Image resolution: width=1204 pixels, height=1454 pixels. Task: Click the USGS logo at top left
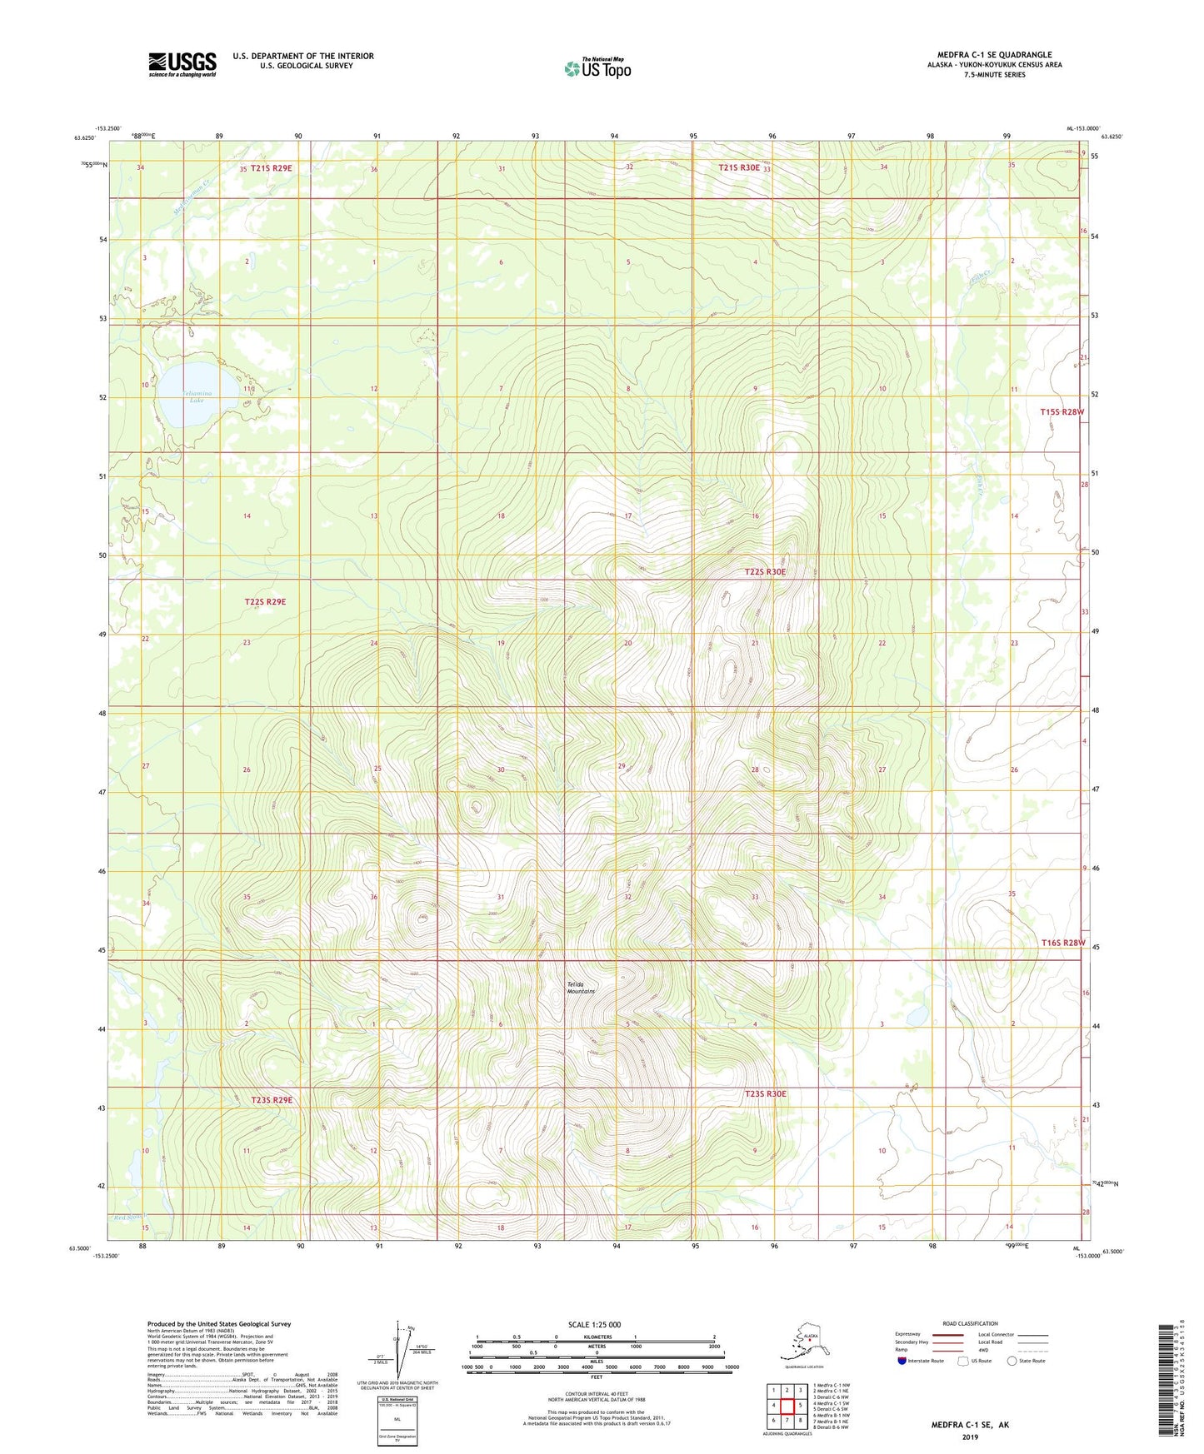click(182, 64)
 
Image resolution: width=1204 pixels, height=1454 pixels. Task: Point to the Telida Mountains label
click(581, 988)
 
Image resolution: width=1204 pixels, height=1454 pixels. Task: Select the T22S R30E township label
click(764, 572)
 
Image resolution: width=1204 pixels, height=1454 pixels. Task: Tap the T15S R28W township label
click(1062, 412)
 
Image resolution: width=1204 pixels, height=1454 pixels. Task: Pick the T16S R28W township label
click(1063, 943)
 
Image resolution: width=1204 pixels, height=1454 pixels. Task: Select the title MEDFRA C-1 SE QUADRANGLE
click(994, 55)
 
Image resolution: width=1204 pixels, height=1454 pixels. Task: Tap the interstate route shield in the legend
click(902, 1361)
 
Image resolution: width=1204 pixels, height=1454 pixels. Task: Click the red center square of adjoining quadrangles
click(787, 1406)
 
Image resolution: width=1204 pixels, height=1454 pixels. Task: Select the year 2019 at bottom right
click(970, 1437)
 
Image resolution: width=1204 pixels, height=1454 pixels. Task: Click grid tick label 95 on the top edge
click(693, 136)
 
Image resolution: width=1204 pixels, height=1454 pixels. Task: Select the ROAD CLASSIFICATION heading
click(970, 1323)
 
